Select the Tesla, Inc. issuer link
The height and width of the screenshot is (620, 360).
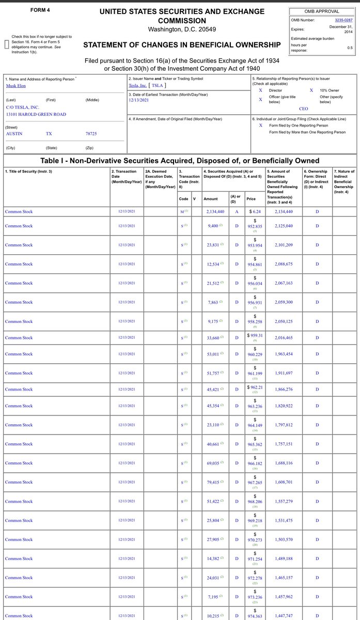tap(138, 85)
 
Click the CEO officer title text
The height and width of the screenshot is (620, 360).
tap(303, 109)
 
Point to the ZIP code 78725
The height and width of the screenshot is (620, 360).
tap(91, 133)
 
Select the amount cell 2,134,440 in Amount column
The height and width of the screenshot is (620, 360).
tap(210, 211)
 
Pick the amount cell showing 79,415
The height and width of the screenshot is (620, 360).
tap(211, 482)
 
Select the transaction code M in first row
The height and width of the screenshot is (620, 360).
tap(181, 211)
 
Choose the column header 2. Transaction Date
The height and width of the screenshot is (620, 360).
tap(124, 174)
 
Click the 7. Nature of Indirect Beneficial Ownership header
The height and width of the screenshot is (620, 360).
tap(344, 181)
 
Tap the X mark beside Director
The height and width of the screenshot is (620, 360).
tap(260, 90)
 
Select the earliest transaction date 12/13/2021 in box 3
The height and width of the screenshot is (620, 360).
tap(140, 101)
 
